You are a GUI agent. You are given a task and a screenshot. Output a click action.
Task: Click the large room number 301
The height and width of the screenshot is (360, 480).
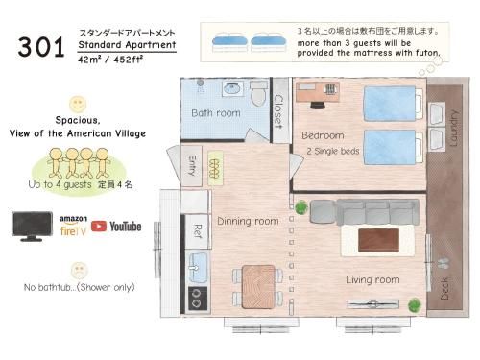click(41, 47)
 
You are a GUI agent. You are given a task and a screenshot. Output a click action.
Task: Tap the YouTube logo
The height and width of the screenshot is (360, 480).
click(116, 227)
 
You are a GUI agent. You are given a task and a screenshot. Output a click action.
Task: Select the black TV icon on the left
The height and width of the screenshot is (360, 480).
click(32, 226)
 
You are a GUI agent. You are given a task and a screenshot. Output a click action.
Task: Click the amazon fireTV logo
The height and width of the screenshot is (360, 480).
click(73, 226)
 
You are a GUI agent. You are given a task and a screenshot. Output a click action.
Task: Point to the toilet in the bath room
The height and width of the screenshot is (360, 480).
click(258, 93)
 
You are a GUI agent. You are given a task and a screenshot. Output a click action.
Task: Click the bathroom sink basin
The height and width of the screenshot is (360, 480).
click(233, 87)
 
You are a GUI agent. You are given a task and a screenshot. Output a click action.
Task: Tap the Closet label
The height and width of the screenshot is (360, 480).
click(279, 111)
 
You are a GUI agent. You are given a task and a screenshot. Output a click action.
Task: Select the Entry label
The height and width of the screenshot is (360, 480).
click(192, 165)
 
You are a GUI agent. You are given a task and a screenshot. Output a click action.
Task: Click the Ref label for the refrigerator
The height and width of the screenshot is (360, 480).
click(198, 231)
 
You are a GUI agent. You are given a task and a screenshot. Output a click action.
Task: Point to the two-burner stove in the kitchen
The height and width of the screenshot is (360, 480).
click(198, 299)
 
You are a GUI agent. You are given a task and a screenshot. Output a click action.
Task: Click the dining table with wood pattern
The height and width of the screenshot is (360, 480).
click(258, 286)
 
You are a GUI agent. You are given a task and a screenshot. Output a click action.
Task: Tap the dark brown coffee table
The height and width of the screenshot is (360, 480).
click(378, 240)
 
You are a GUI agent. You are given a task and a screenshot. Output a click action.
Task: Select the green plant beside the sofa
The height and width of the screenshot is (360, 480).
click(301, 207)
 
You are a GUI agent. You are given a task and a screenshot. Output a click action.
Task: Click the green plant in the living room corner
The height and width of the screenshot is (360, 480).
click(415, 305)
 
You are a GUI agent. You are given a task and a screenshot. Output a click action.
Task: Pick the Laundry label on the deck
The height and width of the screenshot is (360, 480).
click(454, 129)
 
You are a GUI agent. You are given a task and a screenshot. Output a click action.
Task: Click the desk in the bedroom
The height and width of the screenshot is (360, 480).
click(318, 92)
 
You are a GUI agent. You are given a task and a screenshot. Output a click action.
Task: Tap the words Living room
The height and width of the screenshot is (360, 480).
click(372, 280)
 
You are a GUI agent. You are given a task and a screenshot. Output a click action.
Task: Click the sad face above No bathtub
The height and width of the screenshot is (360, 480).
click(79, 271)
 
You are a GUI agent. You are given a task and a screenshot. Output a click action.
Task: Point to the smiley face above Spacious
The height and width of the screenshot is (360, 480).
click(78, 104)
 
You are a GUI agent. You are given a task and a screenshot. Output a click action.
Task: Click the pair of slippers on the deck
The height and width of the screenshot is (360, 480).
click(444, 263)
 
